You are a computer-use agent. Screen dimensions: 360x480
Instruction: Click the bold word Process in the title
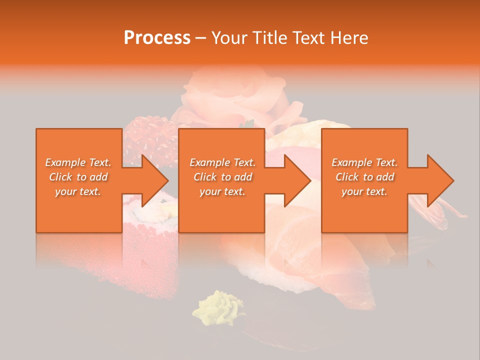pyautogui.click(x=157, y=38)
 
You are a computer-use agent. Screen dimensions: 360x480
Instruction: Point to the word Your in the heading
pyautogui.click(x=230, y=38)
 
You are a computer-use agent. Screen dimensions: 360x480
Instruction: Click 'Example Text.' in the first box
pyautogui.click(x=78, y=162)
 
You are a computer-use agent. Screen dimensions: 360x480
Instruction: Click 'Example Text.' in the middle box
pyautogui.click(x=222, y=162)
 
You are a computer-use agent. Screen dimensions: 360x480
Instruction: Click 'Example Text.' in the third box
pyautogui.click(x=364, y=162)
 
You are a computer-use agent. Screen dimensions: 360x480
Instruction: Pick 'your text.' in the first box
pyautogui.click(x=78, y=191)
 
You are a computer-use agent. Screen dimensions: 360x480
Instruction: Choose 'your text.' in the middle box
pyautogui.click(x=222, y=191)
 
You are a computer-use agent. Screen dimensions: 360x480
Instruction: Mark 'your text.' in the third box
pyautogui.click(x=364, y=191)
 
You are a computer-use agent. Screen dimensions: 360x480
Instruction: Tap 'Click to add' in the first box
pyautogui.click(x=78, y=177)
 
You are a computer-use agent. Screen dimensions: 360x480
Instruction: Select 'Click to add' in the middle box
pyautogui.click(x=222, y=177)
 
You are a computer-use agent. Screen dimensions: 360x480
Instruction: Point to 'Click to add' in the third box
pyautogui.click(x=364, y=177)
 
